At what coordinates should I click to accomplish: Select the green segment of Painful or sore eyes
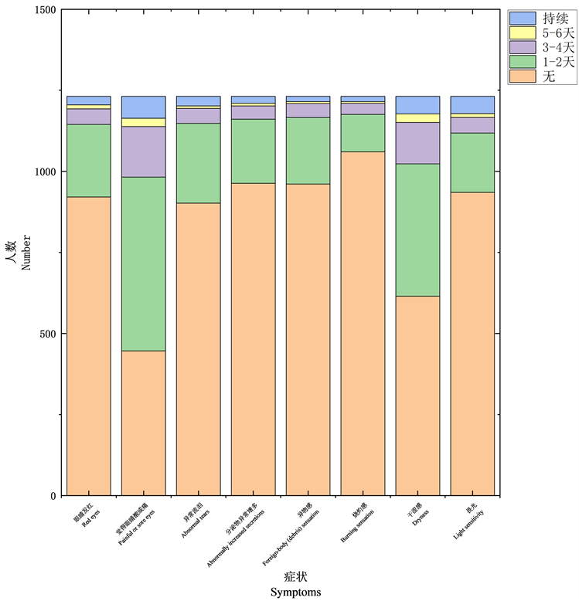tap(143, 263)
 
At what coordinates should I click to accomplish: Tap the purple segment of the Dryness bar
tap(417, 143)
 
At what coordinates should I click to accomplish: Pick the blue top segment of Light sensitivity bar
tap(472, 105)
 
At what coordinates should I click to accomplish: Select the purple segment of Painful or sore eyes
tap(143, 151)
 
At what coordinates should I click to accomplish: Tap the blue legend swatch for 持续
tap(523, 18)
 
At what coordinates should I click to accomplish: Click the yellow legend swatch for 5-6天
tap(523, 32)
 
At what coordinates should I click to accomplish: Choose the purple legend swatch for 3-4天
tap(523, 47)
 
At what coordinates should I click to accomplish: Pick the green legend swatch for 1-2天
tap(523, 62)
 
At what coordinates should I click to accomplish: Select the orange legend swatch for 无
tap(523, 76)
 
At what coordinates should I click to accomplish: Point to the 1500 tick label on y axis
tap(45, 10)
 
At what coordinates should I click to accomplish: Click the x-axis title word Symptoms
tap(296, 592)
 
